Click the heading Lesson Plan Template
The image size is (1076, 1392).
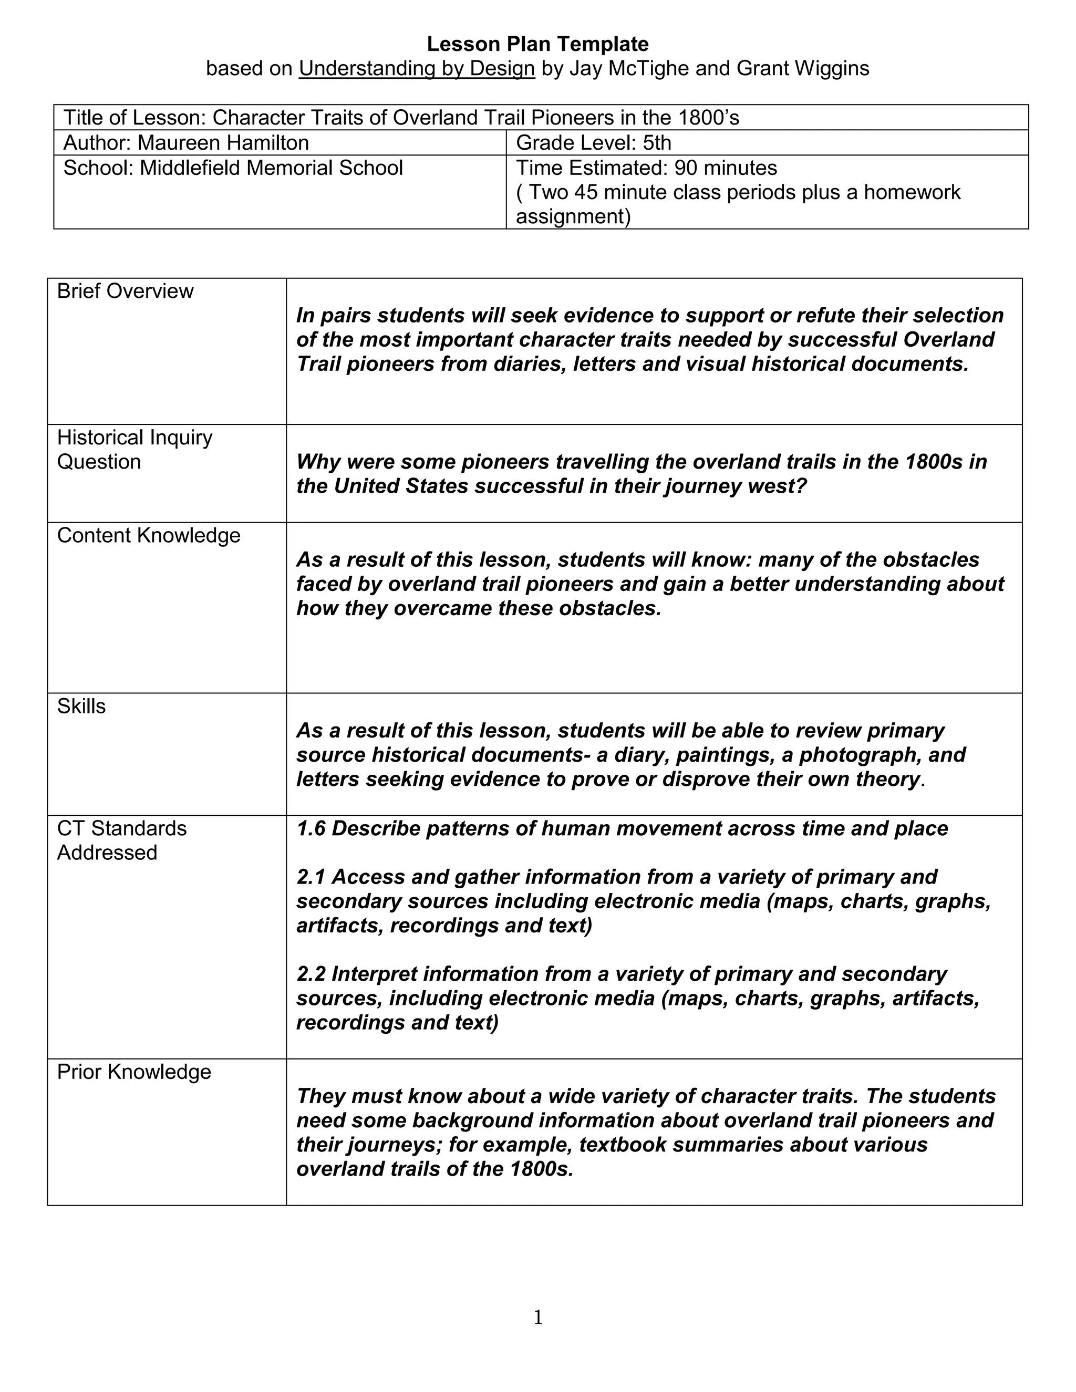click(537, 44)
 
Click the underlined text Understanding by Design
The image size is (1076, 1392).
click(417, 68)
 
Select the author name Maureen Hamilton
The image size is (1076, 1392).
click(223, 142)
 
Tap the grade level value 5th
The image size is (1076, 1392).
click(657, 142)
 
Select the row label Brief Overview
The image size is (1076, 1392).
click(125, 292)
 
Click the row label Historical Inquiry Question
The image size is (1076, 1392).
click(134, 449)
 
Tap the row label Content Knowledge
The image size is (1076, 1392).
click(149, 535)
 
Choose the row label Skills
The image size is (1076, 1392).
click(81, 706)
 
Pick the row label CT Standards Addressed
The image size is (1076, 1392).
click(121, 840)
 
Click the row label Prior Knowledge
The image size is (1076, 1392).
click(134, 1072)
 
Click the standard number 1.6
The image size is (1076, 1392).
click(311, 828)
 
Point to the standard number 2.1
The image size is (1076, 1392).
click(311, 877)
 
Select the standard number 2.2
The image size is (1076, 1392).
click(311, 974)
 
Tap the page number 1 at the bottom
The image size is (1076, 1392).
click(538, 1317)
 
